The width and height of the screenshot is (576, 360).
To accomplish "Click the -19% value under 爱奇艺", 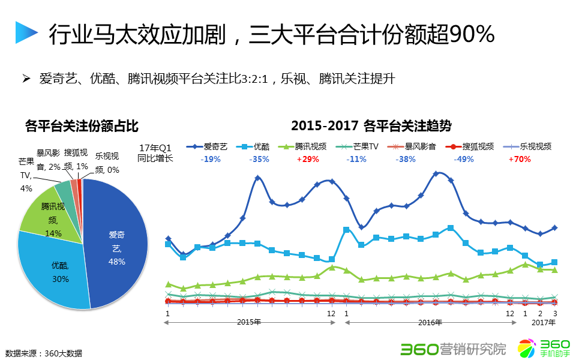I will [x=211, y=160].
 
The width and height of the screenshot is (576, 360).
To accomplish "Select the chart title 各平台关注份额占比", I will [x=82, y=126].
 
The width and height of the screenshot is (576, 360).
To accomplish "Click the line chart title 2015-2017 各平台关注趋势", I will [x=371, y=126].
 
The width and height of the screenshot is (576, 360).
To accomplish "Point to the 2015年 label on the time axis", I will [x=248, y=322].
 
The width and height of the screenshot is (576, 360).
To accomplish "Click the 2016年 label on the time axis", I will [x=430, y=322].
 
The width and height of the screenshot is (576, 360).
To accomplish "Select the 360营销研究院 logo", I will [x=453, y=348].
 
